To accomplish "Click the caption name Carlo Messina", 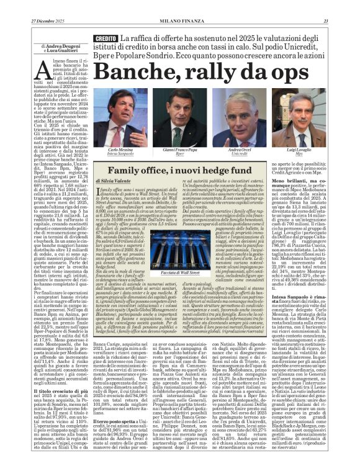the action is point(121,150).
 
